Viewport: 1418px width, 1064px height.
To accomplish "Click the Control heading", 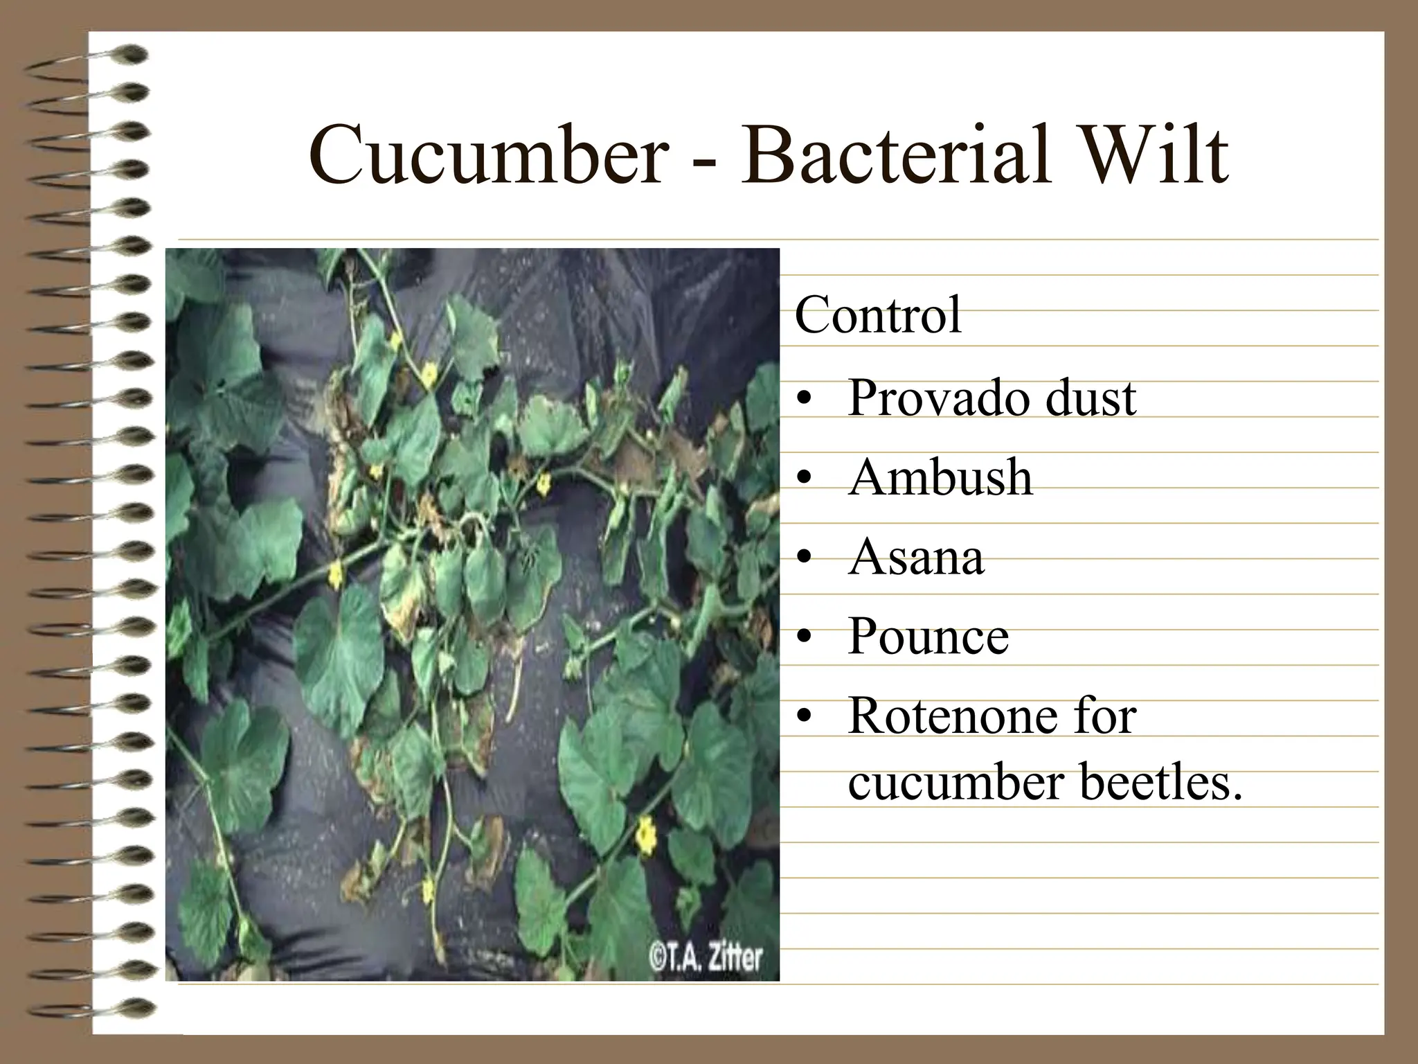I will click(x=878, y=316).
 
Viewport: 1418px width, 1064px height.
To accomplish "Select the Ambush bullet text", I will click(x=940, y=478).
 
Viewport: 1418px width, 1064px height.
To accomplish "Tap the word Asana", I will click(x=915, y=558).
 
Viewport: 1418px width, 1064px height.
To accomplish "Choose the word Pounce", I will click(x=928, y=637).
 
